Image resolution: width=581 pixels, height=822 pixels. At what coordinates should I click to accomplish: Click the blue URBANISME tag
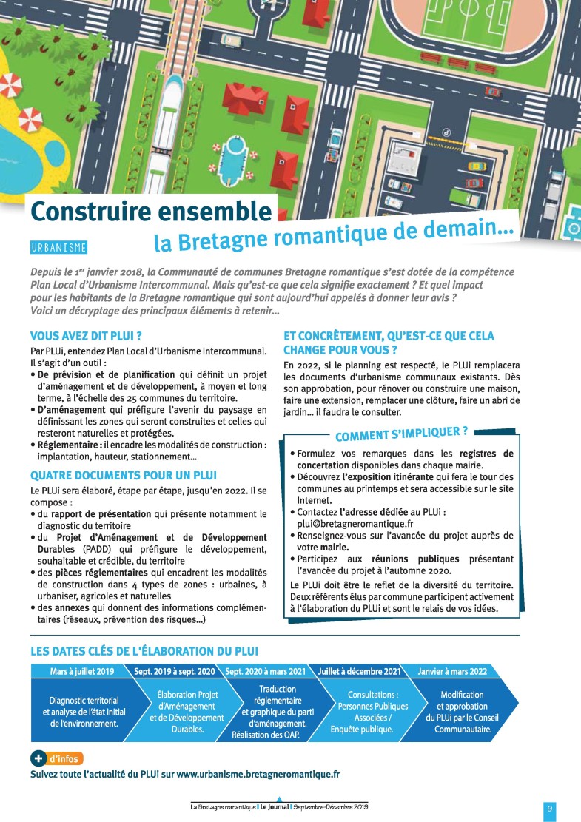coord(58,247)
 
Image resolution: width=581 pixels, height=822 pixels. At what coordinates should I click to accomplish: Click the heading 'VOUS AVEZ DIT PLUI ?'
coord(86,335)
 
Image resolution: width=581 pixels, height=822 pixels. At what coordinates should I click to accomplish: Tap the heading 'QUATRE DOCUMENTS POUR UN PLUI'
coord(123,474)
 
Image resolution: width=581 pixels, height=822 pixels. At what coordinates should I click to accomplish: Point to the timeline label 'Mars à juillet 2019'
coord(81,672)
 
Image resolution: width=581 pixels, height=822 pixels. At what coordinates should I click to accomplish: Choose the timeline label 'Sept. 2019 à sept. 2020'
coord(175,672)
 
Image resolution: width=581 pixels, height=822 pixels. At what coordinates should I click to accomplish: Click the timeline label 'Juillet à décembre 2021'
coord(359,672)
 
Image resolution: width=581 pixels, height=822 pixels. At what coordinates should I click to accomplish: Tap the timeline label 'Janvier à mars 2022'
coord(451,672)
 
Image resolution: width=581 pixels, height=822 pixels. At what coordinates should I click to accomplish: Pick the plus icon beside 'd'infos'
coord(38,758)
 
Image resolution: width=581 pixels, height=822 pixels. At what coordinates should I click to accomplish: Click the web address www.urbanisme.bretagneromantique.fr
coord(258,774)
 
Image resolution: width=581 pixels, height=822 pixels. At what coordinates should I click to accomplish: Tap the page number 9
coord(550,809)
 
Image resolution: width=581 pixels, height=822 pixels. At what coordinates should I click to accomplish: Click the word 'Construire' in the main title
coord(89,212)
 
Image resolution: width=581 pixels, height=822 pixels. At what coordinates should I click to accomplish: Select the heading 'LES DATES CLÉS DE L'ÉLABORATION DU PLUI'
coord(144,651)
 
